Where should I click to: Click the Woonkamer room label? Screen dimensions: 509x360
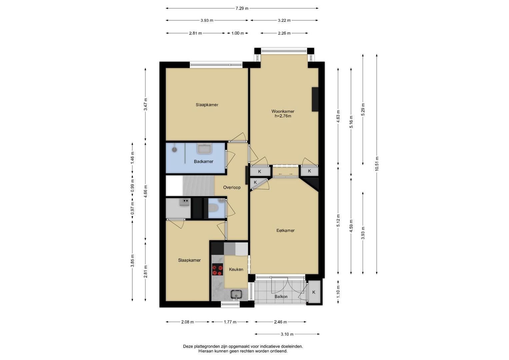[x=283, y=111]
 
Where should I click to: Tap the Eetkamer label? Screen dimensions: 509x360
[x=285, y=230]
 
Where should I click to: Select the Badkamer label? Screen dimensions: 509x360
[x=204, y=162]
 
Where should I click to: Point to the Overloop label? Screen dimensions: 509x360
[x=232, y=187]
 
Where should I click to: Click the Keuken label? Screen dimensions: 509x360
[x=236, y=269]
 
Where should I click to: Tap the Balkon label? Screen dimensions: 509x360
[x=281, y=297]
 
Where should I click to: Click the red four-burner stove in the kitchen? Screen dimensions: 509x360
[x=217, y=269]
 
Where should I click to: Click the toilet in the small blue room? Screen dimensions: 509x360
[x=213, y=207]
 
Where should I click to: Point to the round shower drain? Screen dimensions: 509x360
[x=175, y=150]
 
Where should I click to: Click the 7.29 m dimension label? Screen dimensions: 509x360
[x=242, y=8]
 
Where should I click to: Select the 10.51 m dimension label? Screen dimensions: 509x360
[x=377, y=164]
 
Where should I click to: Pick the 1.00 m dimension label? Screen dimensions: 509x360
[x=237, y=33]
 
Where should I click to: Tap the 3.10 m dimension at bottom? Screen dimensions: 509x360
[x=287, y=334]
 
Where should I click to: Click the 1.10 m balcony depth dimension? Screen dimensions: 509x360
[x=338, y=292]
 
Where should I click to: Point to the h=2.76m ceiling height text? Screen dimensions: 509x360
[x=283, y=116]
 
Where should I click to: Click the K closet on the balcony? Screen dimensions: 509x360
[x=314, y=292]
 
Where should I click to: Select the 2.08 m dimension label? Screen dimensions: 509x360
[x=187, y=322]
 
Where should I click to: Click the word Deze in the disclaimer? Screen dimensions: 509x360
[x=188, y=346]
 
